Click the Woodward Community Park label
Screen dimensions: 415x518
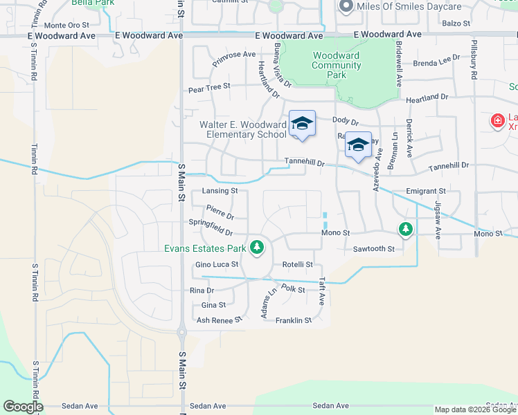coord(337,65)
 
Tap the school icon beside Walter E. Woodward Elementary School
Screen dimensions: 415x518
coord(302,124)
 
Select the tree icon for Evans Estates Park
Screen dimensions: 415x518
coord(257,247)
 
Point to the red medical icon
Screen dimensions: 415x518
coord(497,122)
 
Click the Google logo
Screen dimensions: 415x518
coord(22,407)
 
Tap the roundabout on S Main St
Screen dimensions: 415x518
coord(181,333)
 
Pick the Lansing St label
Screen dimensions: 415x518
coord(220,191)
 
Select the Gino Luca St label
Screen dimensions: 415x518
coord(217,264)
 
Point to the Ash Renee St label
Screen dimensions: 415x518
coord(219,320)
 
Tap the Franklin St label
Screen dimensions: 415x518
coord(294,320)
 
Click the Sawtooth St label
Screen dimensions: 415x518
coord(373,248)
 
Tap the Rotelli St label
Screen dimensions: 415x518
coord(298,264)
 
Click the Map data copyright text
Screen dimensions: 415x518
coord(475,409)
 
